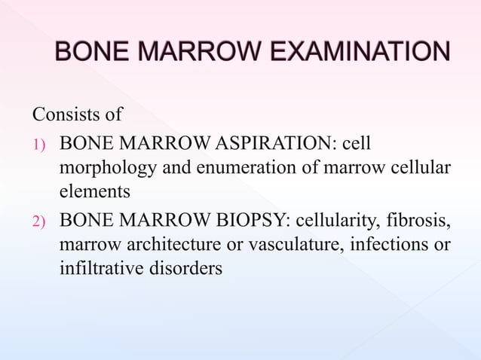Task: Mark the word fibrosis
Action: point(418,222)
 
